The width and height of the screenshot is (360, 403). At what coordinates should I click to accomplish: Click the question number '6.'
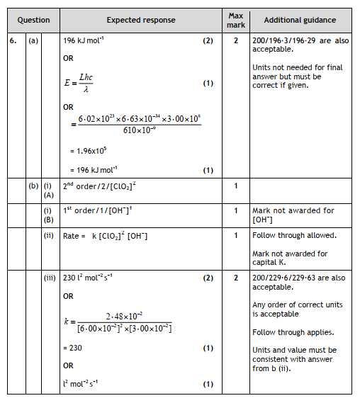(13, 40)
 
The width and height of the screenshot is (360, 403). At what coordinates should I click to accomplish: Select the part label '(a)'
(33, 40)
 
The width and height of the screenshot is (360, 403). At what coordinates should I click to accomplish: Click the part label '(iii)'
(50, 278)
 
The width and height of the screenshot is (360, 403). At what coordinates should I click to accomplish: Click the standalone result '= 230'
(77, 348)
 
